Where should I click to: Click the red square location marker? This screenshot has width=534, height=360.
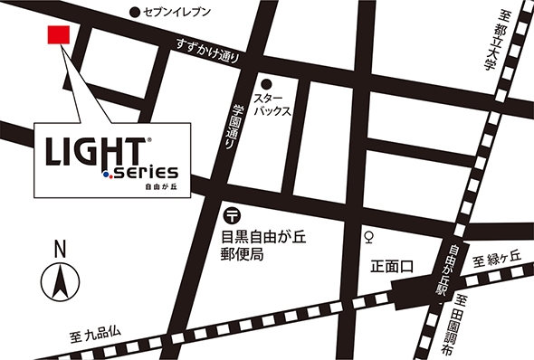pyautogui.click(x=57, y=35)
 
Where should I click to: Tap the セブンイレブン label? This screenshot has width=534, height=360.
pyautogui.click(x=177, y=12)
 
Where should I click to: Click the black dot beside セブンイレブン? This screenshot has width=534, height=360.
pyautogui.click(x=134, y=12)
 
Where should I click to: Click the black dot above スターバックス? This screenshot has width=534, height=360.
pyautogui.click(x=266, y=82)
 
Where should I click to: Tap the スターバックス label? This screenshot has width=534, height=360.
pyautogui.click(x=272, y=105)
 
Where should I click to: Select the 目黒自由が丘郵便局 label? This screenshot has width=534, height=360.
pyautogui.click(x=254, y=245)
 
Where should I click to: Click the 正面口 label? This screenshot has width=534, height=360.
pyautogui.click(x=391, y=267)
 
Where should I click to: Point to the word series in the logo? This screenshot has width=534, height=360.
pyautogui.click(x=145, y=172)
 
